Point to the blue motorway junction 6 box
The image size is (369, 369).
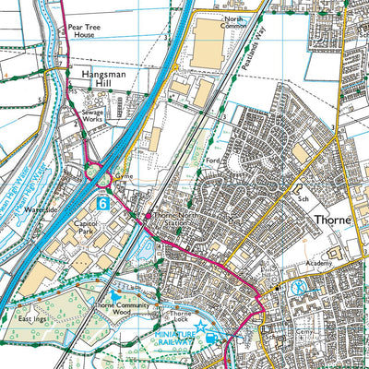[102, 200]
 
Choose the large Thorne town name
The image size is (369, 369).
[337, 221]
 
